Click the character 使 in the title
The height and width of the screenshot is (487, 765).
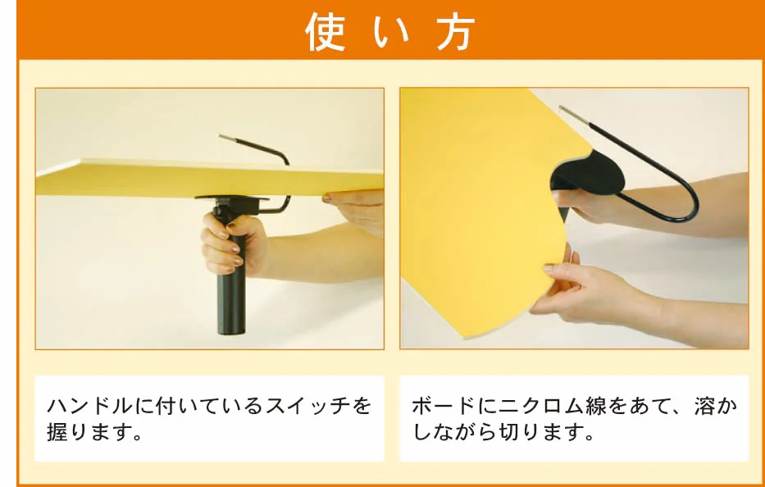pos(325,31)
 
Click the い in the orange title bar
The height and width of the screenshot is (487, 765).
pos(389,33)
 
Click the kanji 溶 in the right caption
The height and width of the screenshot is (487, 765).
pos(704,406)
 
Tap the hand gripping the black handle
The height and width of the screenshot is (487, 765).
pos(233,244)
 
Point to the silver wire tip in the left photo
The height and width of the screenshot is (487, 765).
pos(227,138)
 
